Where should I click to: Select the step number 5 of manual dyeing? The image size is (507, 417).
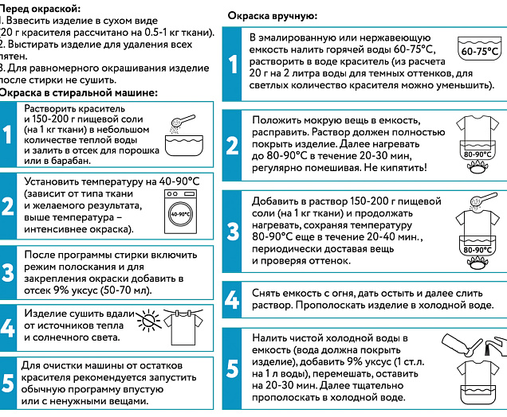tap(232, 370)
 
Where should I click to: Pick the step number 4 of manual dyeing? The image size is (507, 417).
tap(232, 300)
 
